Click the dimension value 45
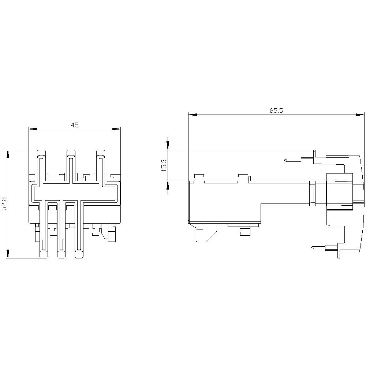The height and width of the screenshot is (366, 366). (x=75, y=125)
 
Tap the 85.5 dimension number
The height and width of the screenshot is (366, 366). (x=276, y=111)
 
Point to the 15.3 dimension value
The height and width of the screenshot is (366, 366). (x=164, y=165)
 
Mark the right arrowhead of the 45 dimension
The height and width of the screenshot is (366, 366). (x=116, y=129)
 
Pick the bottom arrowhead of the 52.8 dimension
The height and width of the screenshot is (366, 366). (x=8, y=254)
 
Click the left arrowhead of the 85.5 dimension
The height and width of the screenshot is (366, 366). (x=193, y=115)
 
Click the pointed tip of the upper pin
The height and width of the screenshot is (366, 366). (x=285, y=160)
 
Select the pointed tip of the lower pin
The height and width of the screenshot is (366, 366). (x=311, y=248)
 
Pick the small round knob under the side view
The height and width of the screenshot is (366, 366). (x=244, y=232)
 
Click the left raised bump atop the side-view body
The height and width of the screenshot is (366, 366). (x=199, y=178)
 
